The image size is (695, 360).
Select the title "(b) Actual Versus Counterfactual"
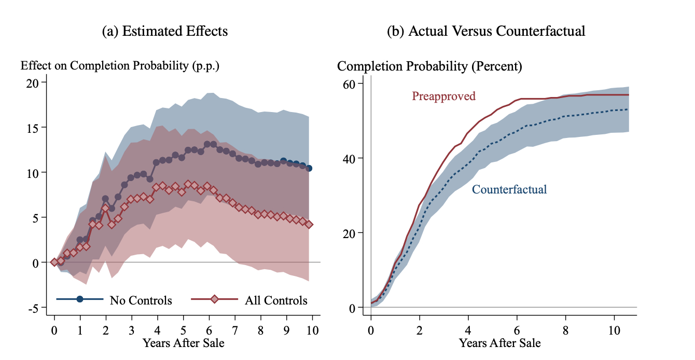pos(486,31)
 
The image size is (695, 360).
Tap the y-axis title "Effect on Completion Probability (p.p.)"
pos(120,66)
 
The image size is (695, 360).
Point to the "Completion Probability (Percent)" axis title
pos(429,66)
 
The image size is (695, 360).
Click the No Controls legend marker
pos(80,299)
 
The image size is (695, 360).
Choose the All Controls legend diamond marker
pos(215,299)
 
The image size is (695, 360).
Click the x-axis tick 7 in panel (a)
pos(234,331)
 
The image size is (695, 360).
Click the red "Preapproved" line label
pos(443,96)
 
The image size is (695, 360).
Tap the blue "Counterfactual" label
pos(509,189)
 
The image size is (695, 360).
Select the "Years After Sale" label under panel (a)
pos(183,343)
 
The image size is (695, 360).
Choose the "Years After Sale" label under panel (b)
pos(499,343)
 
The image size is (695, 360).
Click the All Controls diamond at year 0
pos(54,262)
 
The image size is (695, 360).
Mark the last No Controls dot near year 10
pos(309,168)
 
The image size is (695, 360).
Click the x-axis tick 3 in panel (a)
pos(131,331)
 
